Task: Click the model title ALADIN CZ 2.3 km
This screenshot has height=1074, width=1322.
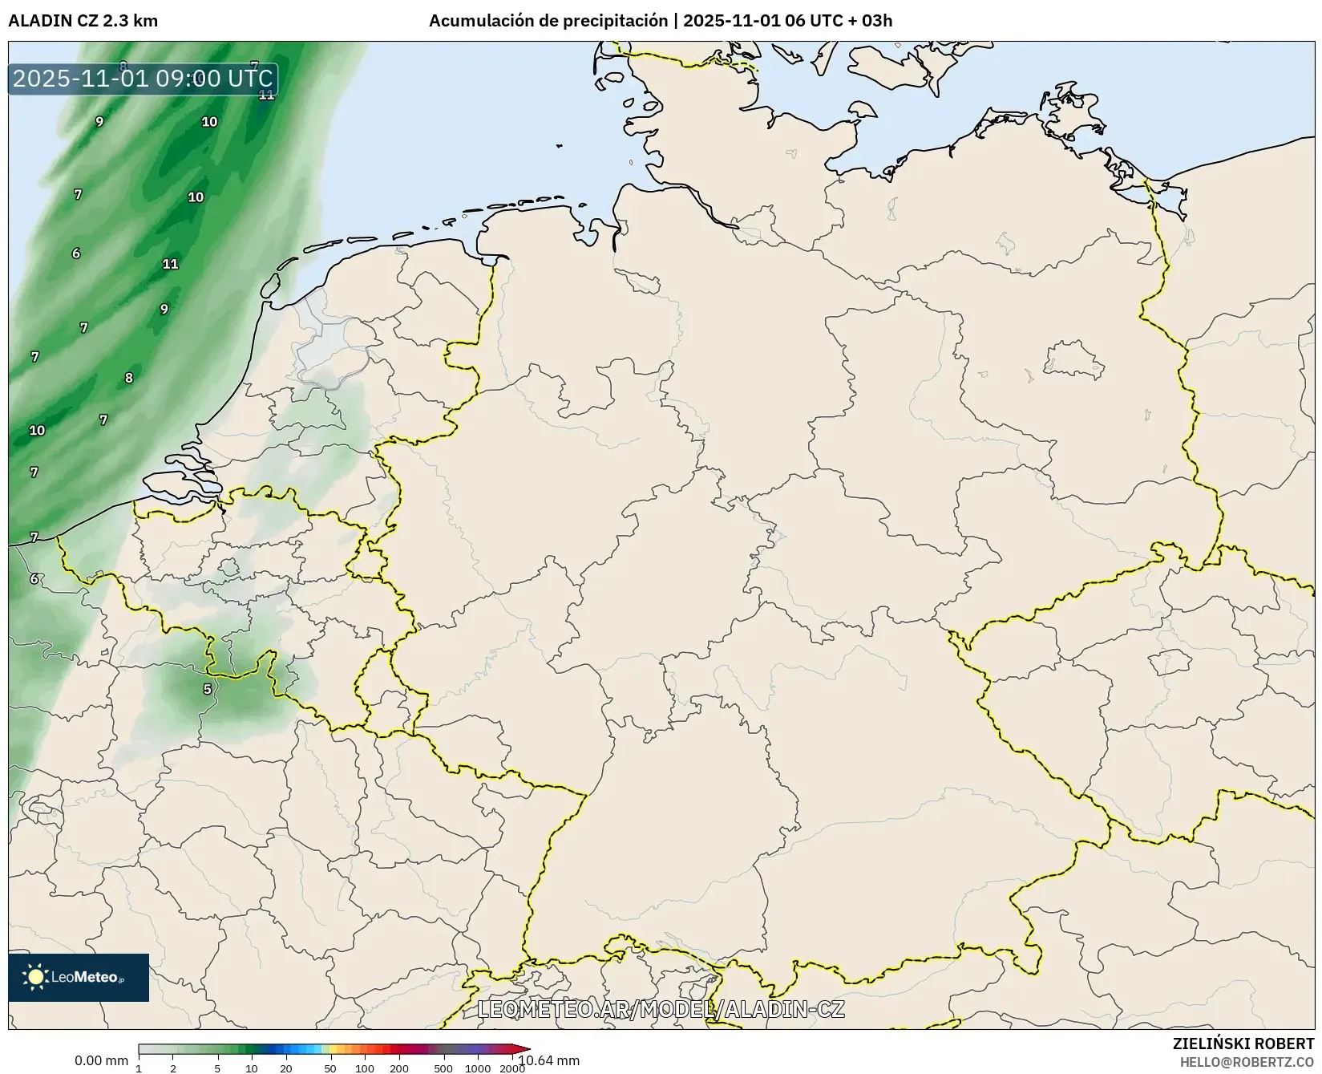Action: coord(83,21)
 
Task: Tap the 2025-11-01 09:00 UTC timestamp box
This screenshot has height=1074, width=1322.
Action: coord(143,79)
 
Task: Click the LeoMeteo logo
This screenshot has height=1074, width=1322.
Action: coord(79,977)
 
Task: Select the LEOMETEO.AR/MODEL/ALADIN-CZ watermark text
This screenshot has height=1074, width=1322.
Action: coord(661,1009)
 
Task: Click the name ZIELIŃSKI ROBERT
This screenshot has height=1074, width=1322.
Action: coord(1243,1044)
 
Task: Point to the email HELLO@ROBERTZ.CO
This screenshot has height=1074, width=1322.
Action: coord(1247,1062)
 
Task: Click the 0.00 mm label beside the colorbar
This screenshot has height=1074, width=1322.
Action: coord(101,1060)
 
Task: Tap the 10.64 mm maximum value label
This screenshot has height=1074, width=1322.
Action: coord(549,1060)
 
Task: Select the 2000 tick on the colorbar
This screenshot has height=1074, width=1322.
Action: coord(512,1068)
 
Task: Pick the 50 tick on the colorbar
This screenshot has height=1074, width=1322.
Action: coord(330,1068)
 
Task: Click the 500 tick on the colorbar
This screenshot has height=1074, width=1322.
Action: coord(443,1068)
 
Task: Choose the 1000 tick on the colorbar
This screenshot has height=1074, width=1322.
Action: coord(478,1068)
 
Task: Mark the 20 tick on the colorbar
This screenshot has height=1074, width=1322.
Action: coord(285,1068)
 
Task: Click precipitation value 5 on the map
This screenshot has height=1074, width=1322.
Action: coord(208,689)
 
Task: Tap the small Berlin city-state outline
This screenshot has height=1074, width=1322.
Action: coord(1074,359)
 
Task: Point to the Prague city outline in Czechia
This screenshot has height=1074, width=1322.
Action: coord(1169,662)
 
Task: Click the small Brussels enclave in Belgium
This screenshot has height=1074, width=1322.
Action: coord(229,568)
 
